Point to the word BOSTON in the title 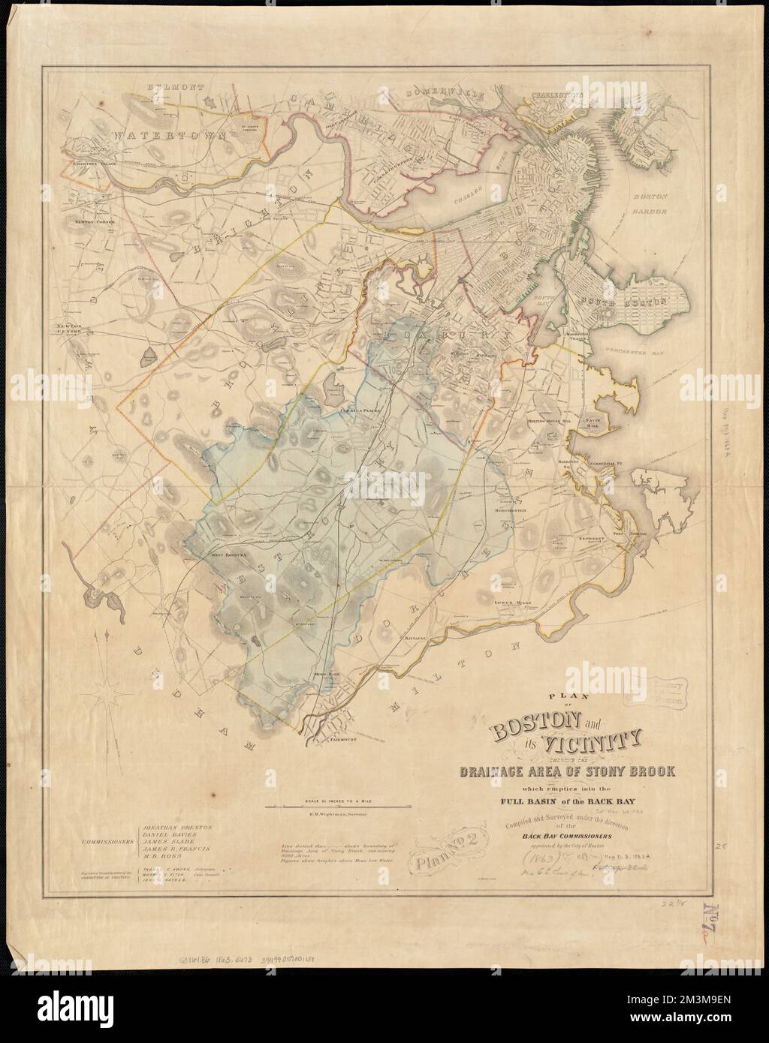point(533,726)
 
